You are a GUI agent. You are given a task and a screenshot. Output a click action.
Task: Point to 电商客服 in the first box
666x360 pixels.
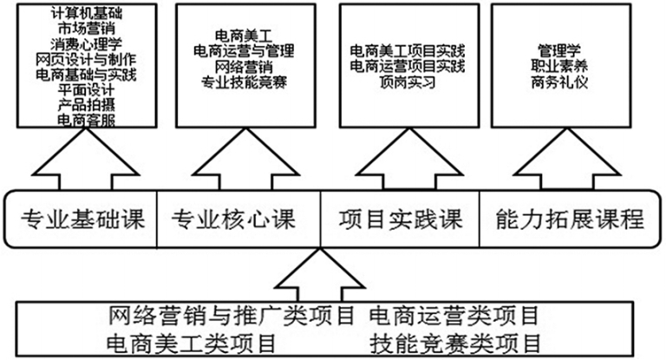click(x=84, y=121)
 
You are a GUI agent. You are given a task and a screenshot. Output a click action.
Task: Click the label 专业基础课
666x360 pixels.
click(x=82, y=218)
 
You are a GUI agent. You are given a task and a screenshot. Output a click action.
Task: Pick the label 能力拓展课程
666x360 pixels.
click(x=571, y=218)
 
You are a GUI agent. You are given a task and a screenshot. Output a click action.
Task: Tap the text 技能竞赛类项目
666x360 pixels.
click(x=454, y=339)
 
